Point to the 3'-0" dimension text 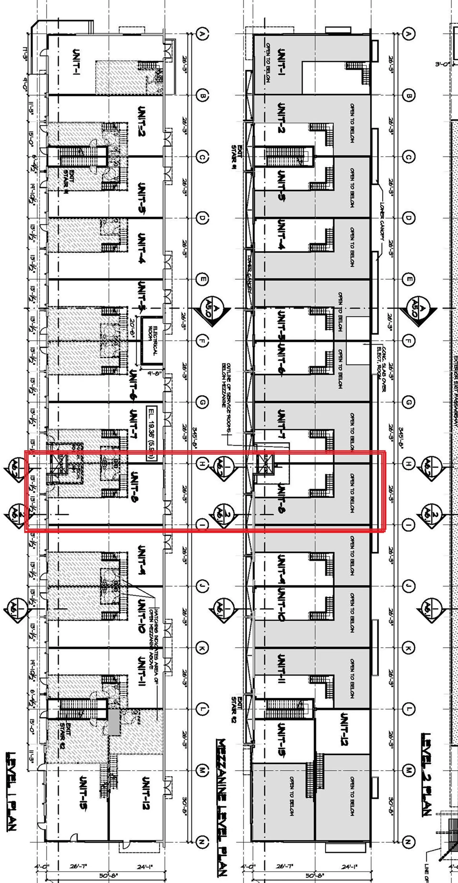coord(442,64)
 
